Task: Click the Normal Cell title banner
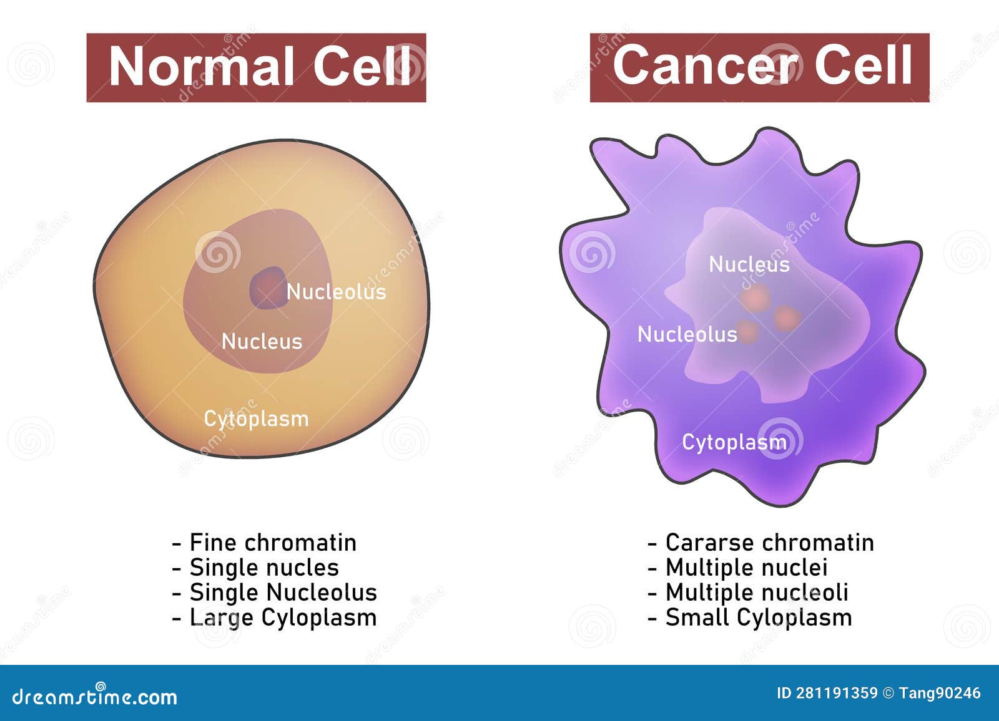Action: [x=256, y=67]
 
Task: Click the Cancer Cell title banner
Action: [x=759, y=67]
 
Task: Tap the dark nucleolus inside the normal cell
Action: [x=268, y=288]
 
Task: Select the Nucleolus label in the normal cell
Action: [x=336, y=292]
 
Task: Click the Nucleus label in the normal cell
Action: [x=262, y=342]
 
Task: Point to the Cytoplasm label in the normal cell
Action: [x=256, y=419]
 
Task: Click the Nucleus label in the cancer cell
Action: [x=749, y=264]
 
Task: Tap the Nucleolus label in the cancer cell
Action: [x=687, y=335]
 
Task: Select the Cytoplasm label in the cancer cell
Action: [x=734, y=443]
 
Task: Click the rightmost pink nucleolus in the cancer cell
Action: [x=787, y=319]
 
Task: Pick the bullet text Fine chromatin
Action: [x=272, y=543]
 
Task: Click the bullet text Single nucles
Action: [x=263, y=568]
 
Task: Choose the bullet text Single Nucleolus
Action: [x=283, y=593]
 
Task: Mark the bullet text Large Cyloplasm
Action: [x=283, y=617]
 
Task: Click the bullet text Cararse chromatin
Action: [x=769, y=543]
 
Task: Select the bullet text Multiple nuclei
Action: [x=746, y=568]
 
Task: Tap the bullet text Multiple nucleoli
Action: [x=757, y=593]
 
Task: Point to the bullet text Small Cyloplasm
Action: [x=758, y=617]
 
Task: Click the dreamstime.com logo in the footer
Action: [x=95, y=696]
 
